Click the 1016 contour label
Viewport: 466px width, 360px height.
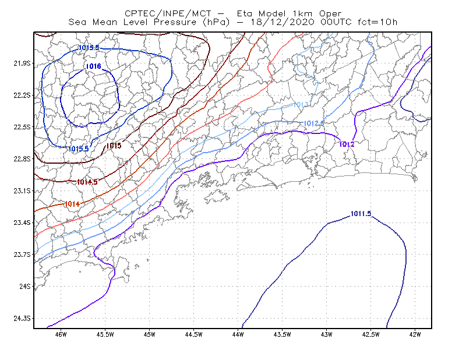click(x=94, y=66)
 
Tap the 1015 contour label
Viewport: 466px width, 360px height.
click(x=114, y=146)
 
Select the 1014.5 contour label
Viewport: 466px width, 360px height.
click(x=87, y=182)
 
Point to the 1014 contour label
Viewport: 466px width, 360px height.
click(x=72, y=204)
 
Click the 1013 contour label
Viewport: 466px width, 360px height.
click(x=301, y=105)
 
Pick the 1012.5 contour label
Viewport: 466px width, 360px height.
click(x=313, y=123)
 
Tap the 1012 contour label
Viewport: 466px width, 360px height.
click(x=347, y=144)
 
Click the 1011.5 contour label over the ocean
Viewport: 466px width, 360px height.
click(x=361, y=214)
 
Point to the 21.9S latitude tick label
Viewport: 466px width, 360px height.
click(x=22, y=63)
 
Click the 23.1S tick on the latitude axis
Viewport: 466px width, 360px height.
click(x=22, y=190)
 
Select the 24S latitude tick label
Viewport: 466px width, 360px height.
click(x=25, y=286)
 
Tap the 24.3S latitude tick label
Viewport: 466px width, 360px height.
click(x=22, y=319)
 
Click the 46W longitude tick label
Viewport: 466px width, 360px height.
click(x=61, y=334)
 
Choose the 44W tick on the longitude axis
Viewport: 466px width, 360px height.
click(x=238, y=334)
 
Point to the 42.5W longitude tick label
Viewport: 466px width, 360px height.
click(x=371, y=334)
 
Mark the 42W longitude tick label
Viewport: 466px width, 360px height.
click(x=415, y=334)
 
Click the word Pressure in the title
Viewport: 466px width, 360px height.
click(x=175, y=22)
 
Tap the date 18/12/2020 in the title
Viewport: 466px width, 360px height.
click(x=283, y=22)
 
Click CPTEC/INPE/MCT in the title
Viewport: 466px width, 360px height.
click(x=168, y=13)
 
